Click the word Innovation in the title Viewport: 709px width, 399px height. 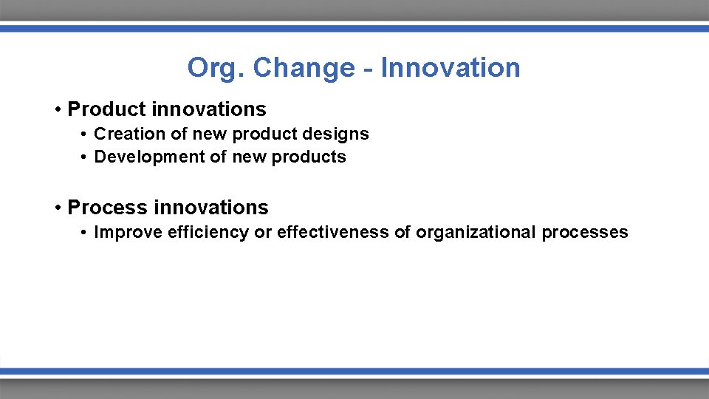click(x=451, y=68)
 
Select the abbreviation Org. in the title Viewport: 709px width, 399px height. click(x=216, y=69)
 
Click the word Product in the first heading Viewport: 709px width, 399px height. click(x=106, y=109)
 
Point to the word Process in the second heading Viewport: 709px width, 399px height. click(x=107, y=208)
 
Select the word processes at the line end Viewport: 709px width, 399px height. click(x=584, y=233)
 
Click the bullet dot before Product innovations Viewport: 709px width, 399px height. click(x=57, y=110)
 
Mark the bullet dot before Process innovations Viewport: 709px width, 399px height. click(x=57, y=208)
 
